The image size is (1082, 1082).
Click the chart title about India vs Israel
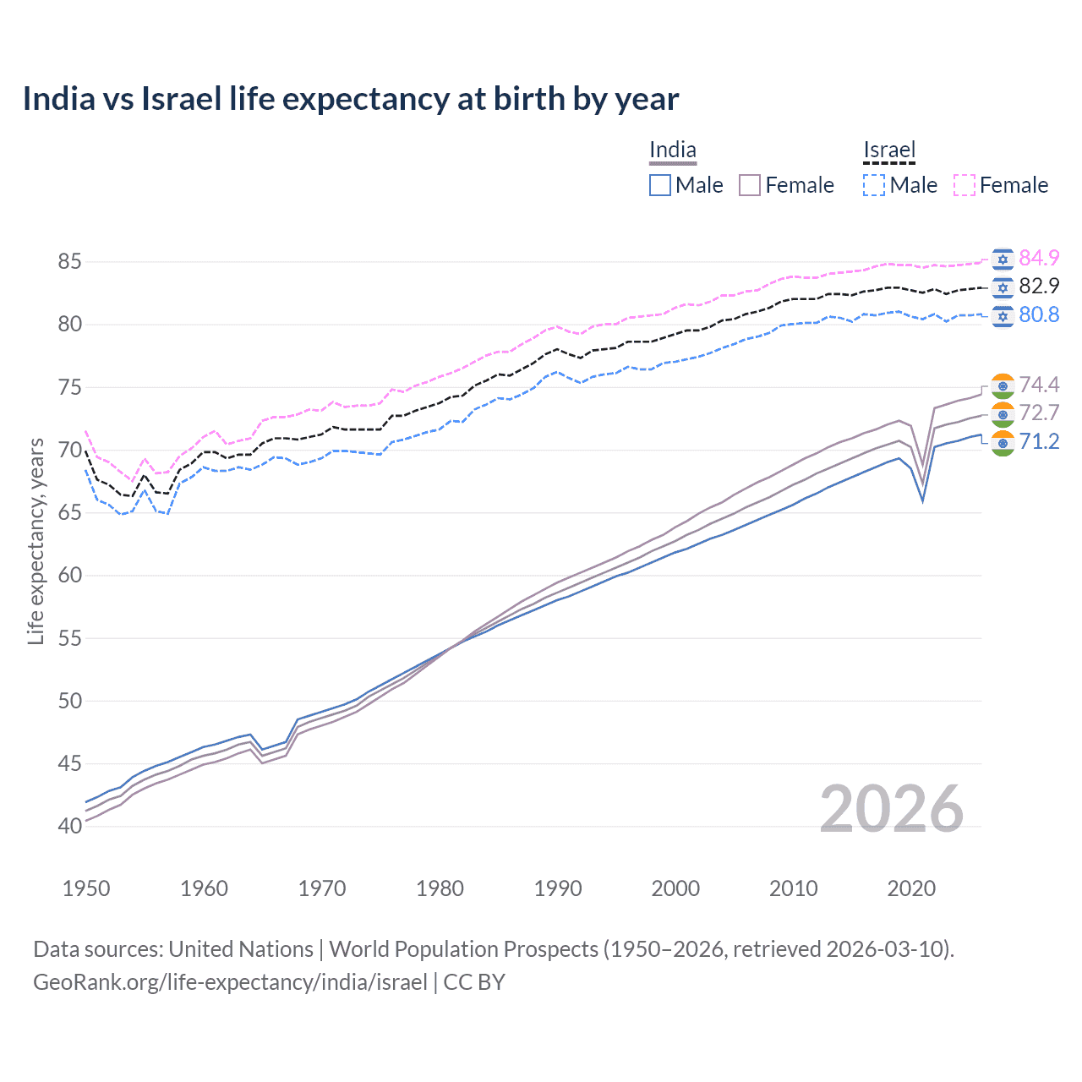(x=350, y=99)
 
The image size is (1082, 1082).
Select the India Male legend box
(x=660, y=185)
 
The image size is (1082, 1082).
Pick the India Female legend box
(x=751, y=185)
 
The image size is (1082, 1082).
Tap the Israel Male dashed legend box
(x=874, y=185)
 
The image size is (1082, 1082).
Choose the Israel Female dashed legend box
(x=965, y=185)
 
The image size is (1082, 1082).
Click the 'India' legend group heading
(x=673, y=150)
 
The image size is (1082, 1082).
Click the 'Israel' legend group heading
(x=889, y=150)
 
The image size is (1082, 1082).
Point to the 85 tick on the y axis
(x=69, y=262)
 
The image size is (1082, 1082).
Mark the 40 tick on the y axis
(x=69, y=827)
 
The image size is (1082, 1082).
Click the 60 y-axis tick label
(x=69, y=576)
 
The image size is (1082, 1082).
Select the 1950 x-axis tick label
(x=86, y=888)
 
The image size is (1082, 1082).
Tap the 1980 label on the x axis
(x=440, y=888)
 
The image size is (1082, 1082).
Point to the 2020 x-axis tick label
(x=911, y=888)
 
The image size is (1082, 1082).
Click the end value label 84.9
(x=1039, y=258)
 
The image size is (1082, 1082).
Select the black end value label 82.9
(x=1039, y=287)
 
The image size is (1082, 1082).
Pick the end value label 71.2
(x=1039, y=442)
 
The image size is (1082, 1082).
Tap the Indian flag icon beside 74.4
(x=1003, y=385)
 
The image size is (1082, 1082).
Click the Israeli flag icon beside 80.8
(x=1003, y=315)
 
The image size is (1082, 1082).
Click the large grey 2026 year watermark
(x=891, y=810)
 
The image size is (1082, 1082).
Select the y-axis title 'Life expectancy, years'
(x=36, y=541)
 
